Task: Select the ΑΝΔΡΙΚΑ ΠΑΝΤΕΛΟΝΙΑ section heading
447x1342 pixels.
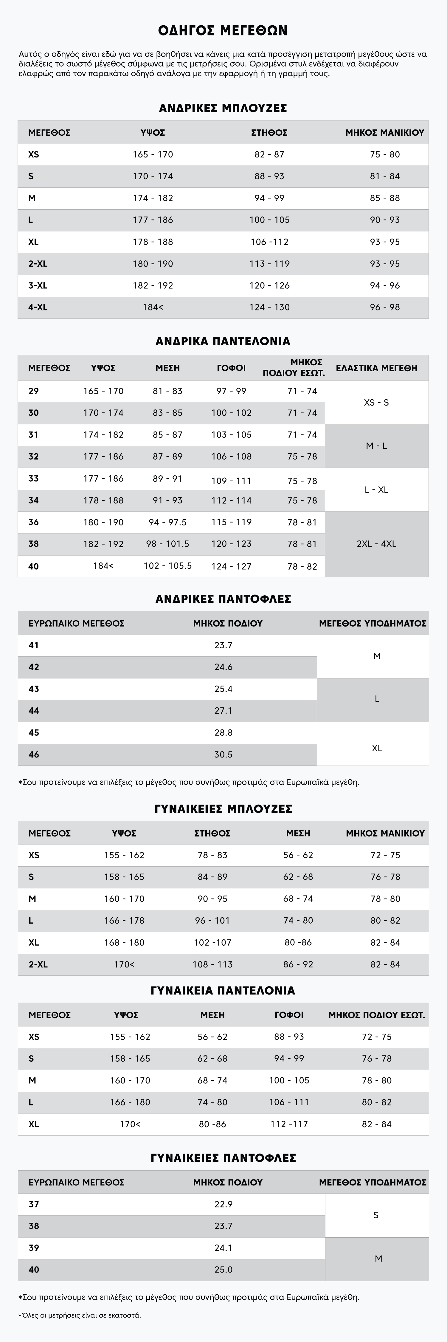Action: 223,341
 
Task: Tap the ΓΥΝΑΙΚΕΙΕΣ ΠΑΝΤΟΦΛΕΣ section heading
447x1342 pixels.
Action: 223,1158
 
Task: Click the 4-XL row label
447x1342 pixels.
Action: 38,307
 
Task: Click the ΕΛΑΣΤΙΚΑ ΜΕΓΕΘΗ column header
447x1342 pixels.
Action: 376,368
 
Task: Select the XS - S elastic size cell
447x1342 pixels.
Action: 376,402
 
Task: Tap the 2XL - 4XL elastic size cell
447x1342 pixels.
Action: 376,544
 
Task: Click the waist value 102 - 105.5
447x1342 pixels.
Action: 167,566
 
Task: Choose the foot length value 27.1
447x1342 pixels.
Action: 223,711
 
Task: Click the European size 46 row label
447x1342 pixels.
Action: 34,755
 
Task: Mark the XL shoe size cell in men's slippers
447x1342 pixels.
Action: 377,748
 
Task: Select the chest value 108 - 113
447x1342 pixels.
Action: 212,964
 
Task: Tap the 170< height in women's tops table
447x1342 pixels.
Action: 124,964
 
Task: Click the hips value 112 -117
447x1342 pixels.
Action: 289,1124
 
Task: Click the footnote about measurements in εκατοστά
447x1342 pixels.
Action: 80,1315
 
